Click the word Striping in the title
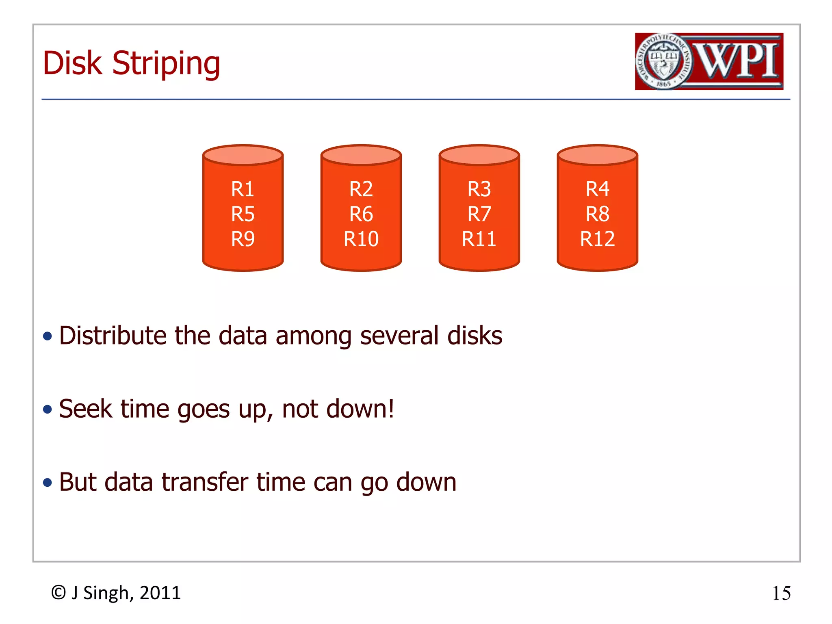point(166,64)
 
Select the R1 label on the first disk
point(243,189)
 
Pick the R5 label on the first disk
point(243,214)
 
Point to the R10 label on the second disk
point(361,238)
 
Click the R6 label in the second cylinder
point(361,214)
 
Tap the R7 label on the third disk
point(479,214)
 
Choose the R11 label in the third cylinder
point(479,238)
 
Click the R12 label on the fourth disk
point(597,238)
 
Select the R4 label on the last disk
point(597,189)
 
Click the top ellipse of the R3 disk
point(479,155)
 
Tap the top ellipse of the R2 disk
point(361,155)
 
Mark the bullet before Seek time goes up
point(48,409)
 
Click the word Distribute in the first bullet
point(113,336)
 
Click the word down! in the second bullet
point(360,409)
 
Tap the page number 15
point(781,593)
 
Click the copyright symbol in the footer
point(58,593)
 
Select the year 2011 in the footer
point(160,593)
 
